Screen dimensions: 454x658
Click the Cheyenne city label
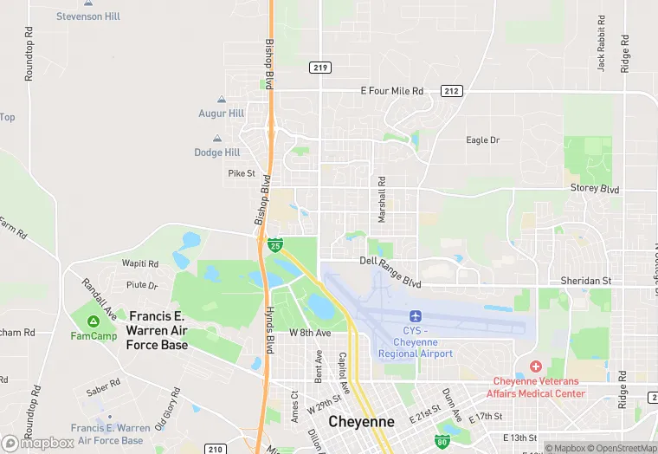(x=362, y=422)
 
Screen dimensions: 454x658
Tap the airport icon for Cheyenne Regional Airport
(x=415, y=315)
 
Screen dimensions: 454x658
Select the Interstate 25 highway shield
(x=274, y=245)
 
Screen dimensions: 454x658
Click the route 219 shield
(x=320, y=67)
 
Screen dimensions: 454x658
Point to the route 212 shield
(x=450, y=90)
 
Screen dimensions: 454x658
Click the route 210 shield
(x=216, y=449)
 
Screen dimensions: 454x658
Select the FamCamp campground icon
(x=94, y=322)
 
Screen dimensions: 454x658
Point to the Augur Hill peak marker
(x=222, y=101)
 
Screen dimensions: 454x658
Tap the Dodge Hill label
(x=216, y=152)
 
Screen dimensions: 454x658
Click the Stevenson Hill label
(x=88, y=16)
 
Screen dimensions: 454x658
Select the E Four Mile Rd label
(x=392, y=91)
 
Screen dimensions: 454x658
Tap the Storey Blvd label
(x=595, y=189)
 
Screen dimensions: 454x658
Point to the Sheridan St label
(x=587, y=281)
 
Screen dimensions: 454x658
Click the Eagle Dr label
(x=483, y=140)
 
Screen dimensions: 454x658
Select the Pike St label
(x=242, y=173)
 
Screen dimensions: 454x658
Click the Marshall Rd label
(x=381, y=200)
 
